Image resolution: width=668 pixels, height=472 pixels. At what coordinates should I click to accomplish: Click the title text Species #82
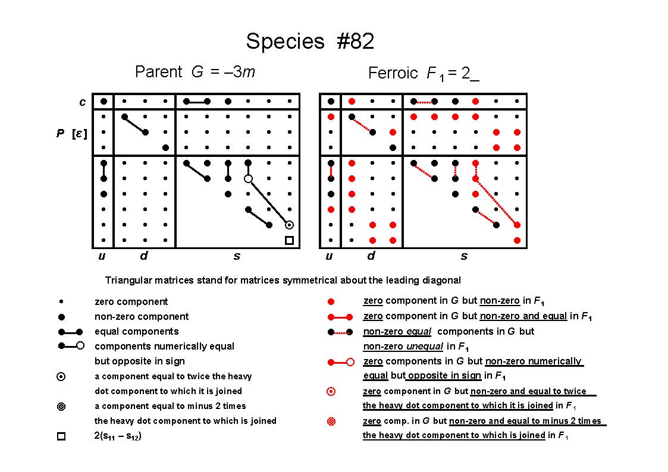pos(310,41)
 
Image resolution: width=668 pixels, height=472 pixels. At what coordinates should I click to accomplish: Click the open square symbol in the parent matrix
pos(289,241)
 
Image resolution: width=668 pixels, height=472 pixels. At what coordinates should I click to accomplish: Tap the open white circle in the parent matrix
pos(249,179)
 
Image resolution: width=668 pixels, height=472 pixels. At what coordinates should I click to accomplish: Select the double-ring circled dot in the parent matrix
pos(289,225)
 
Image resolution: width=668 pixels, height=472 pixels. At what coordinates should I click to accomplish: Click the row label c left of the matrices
pos(82,102)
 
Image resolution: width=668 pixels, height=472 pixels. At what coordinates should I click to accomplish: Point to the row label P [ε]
pos(71,134)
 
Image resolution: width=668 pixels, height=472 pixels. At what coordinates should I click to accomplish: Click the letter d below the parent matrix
pos(144,256)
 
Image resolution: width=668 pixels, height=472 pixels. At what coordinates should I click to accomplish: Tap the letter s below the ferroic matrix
pos(464,256)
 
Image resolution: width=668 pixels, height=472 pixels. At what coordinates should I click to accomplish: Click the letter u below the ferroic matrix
pos(329,256)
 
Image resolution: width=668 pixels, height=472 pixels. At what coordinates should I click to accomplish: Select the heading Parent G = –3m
pos(195,71)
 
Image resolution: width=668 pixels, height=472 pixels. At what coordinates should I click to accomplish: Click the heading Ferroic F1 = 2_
pos(424,73)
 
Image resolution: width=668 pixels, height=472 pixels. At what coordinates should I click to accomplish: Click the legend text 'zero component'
pos(131,302)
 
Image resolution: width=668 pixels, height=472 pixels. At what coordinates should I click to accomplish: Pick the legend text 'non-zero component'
pos(142,317)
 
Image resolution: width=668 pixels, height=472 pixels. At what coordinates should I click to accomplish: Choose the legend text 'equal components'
pos(137,332)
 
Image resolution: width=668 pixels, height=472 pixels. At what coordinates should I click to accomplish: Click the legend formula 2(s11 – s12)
pos(118,436)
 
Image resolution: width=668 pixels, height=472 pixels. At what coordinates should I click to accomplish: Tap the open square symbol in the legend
pos(61,436)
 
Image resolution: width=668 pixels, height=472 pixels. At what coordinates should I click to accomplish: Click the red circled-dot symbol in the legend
pos(331,392)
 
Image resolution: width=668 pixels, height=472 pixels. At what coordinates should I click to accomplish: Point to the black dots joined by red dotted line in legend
pos(340,332)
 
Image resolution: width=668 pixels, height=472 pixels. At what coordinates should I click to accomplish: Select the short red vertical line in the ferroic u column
pos(331,171)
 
